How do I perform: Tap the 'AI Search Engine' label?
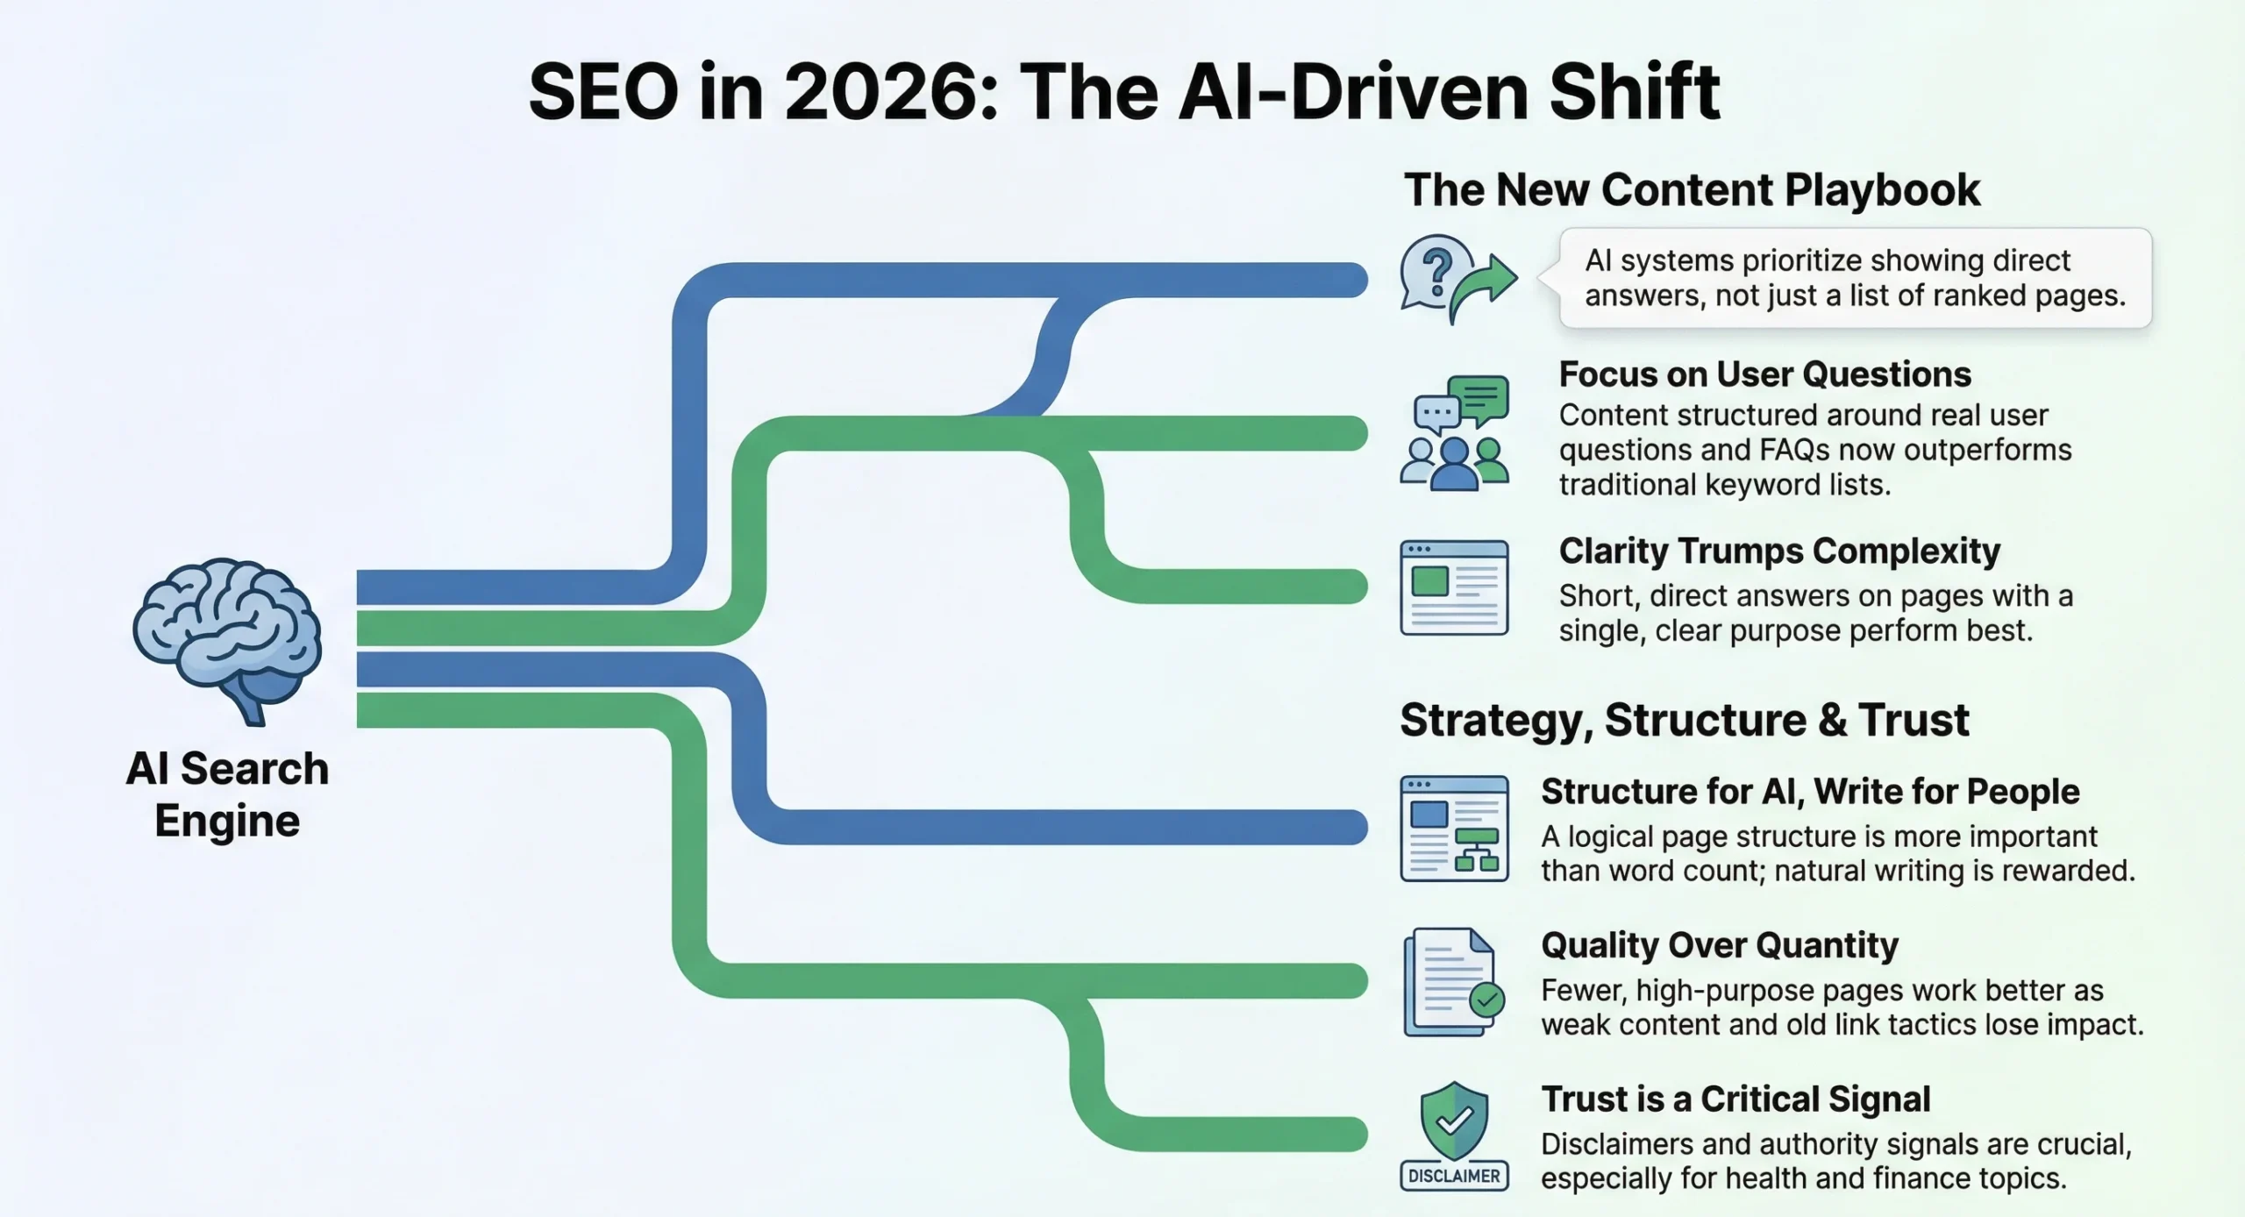click(227, 794)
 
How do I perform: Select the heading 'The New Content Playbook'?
click(1692, 190)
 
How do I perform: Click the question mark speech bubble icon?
click(1436, 272)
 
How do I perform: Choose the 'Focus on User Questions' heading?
click(1764, 374)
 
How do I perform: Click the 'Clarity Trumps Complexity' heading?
click(1779, 552)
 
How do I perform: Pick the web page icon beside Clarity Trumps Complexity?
click(1454, 587)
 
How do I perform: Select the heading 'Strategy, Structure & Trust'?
click(1685, 720)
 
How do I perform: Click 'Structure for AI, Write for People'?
click(1810, 792)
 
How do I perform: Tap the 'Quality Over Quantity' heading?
click(1719, 945)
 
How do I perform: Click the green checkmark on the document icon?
click(1486, 1000)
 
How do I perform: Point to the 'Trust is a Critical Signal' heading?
click(1735, 1100)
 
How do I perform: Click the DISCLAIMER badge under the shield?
click(1454, 1176)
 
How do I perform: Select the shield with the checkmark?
click(1454, 1120)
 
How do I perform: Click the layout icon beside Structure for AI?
click(1454, 829)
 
